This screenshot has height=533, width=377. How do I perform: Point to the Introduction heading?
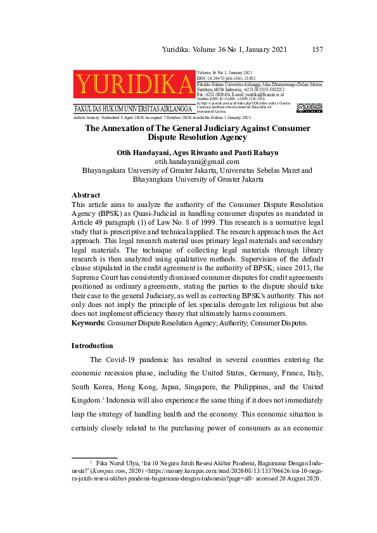pos(93,346)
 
